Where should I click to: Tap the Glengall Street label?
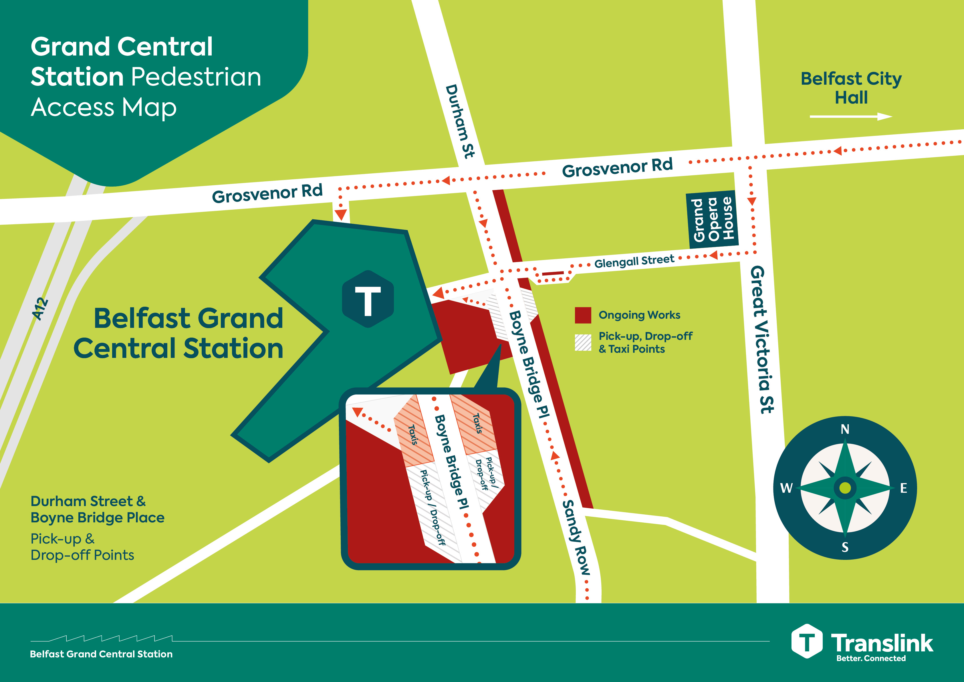tap(634, 262)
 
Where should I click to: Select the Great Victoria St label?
tap(761, 339)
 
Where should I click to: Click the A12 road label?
tap(40, 309)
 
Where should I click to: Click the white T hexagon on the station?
tap(368, 299)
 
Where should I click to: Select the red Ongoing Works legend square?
tap(583, 315)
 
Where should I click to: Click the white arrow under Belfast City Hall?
tap(850, 116)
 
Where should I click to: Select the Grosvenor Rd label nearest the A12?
tap(267, 193)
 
